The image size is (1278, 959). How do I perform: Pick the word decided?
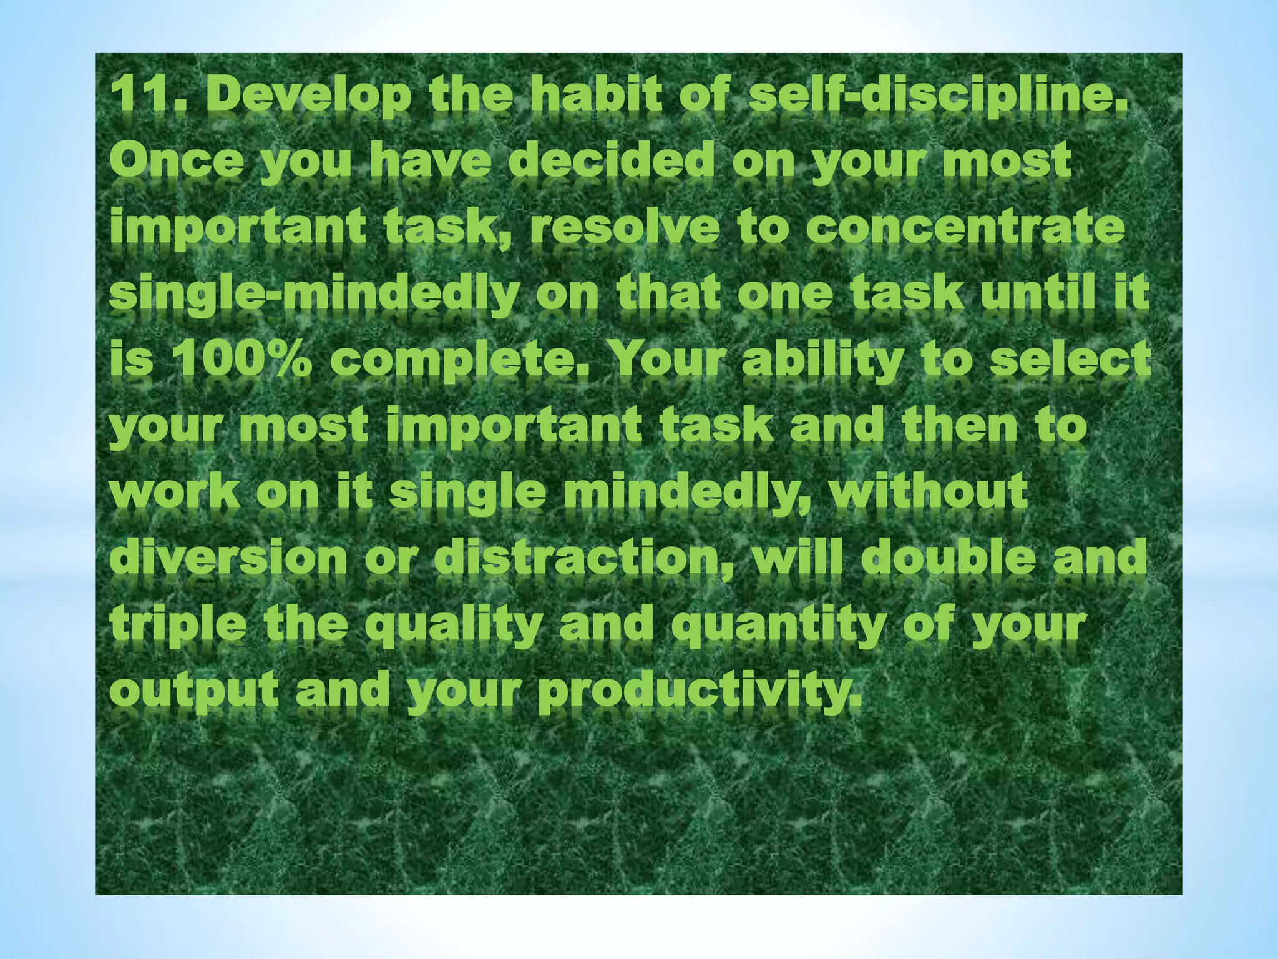[612, 161]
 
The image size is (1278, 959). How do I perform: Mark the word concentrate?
[965, 227]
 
